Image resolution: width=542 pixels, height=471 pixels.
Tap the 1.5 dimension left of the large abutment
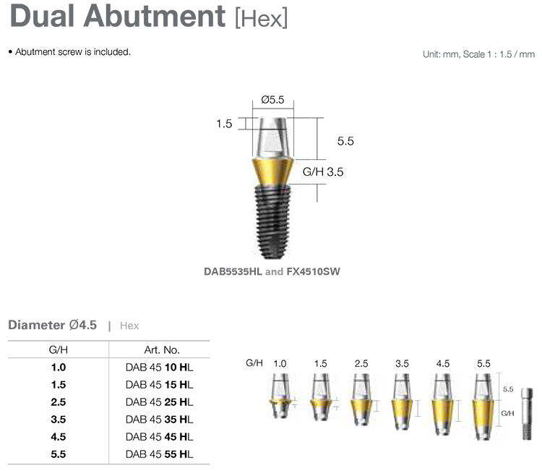click(224, 124)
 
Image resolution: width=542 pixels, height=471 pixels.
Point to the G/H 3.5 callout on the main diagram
click(322, 171)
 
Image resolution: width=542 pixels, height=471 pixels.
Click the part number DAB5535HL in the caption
click(233, 273)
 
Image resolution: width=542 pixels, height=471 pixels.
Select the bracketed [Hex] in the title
click(262, 17)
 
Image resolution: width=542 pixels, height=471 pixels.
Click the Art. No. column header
click(158, 349)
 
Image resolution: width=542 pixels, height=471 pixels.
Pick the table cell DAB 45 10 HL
click(159, 367)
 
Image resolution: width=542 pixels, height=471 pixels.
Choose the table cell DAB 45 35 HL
click(159, 419)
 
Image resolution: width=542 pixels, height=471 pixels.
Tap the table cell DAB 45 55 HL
click(159, 454)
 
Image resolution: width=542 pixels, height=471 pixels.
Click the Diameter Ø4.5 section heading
click(52, 325)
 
